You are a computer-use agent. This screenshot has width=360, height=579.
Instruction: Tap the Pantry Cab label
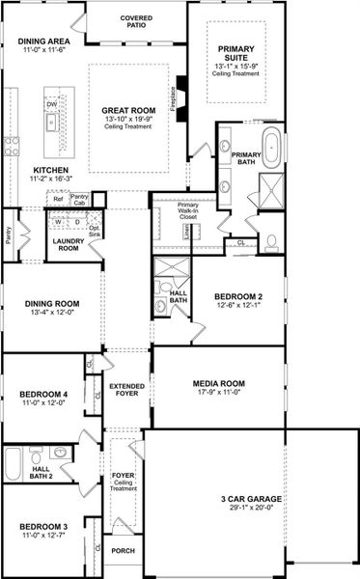click(x=81, y=200)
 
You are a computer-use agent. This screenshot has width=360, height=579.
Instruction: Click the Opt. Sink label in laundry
click(x=96, y=231)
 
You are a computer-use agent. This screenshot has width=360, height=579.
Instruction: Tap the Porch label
click(x=123, y=552)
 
